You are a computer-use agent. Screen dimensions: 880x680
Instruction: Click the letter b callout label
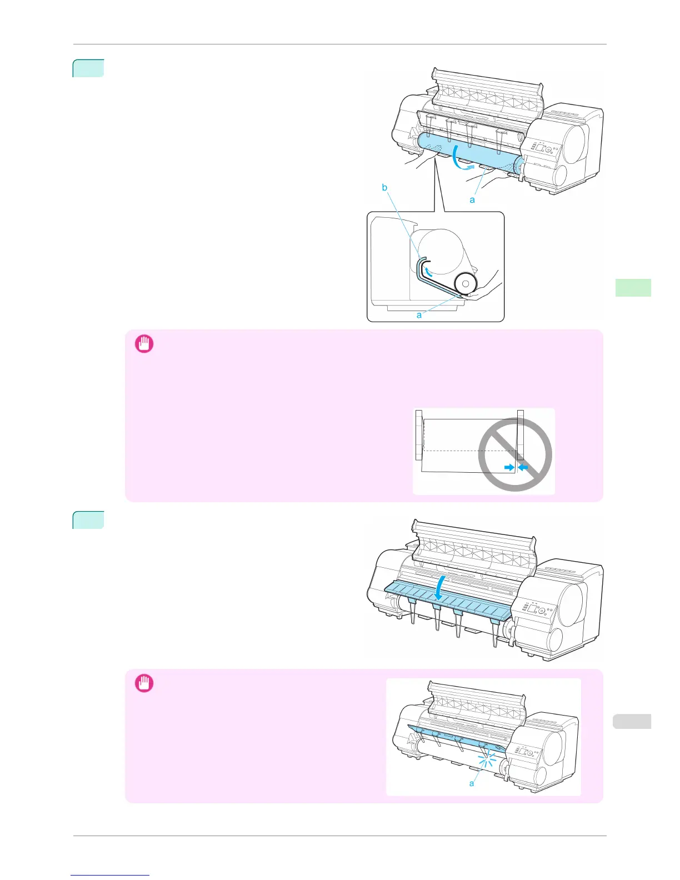[384, 188]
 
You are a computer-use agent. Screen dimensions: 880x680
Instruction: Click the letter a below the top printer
[472, 200]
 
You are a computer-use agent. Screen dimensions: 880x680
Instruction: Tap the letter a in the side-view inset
[419, 315]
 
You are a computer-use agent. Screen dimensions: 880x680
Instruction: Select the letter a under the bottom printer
[472, 783]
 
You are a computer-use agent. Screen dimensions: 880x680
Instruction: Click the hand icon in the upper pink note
[144, 344]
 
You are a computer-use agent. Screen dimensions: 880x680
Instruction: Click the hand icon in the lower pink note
[144, 683]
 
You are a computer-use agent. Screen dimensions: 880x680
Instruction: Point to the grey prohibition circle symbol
[515, 454]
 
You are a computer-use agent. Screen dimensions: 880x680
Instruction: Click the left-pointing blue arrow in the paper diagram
[523, 468]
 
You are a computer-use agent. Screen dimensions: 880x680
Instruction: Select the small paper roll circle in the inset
[465, 283]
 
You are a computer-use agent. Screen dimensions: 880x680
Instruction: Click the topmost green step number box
[88, 68]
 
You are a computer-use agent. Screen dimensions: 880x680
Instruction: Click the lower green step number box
[88, 520]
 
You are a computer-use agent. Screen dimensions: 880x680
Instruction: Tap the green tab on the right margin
[633, 288]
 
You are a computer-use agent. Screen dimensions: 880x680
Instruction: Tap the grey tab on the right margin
[633, 722]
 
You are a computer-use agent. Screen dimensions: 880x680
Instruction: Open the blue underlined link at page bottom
[110, 876]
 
